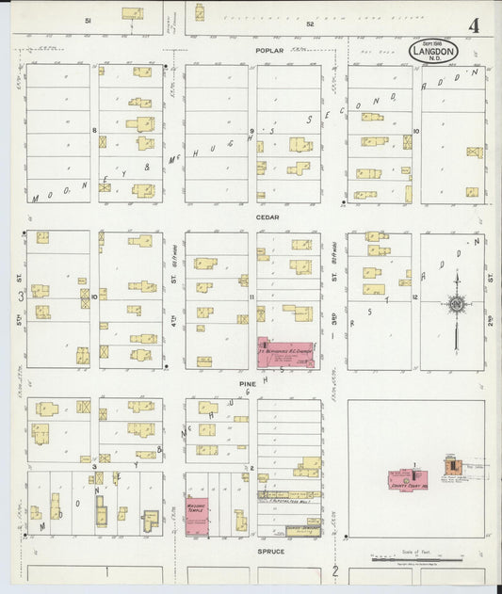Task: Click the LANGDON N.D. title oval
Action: coord(433,52)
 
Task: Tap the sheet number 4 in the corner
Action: coord(474,25)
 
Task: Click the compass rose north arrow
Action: coord(456,303)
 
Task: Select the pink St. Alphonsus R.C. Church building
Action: coord(285,353)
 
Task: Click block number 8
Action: coord(94,130)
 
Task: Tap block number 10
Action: coord(415,131)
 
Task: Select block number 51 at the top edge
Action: coord(88,19)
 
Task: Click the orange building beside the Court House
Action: coord(453,465)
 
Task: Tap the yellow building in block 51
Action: coord(132,13)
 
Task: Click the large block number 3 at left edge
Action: coord(20,296)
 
